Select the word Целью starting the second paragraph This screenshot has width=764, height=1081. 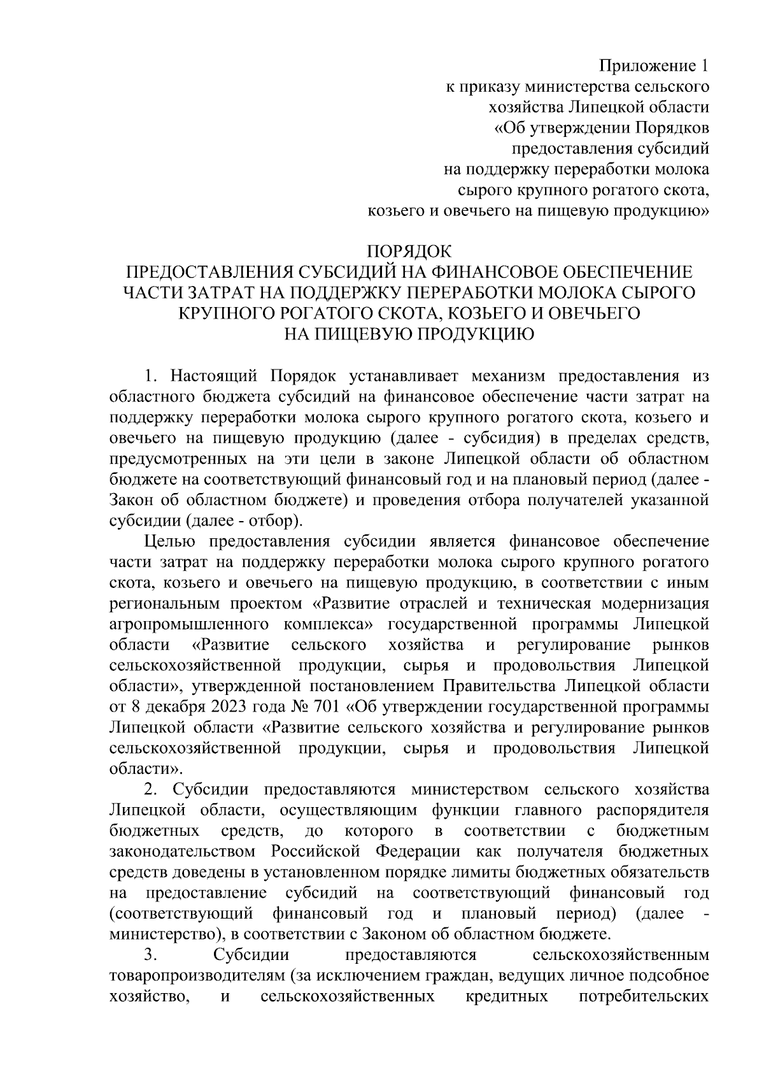(167, 542)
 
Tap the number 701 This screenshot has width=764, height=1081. (324, 708)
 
